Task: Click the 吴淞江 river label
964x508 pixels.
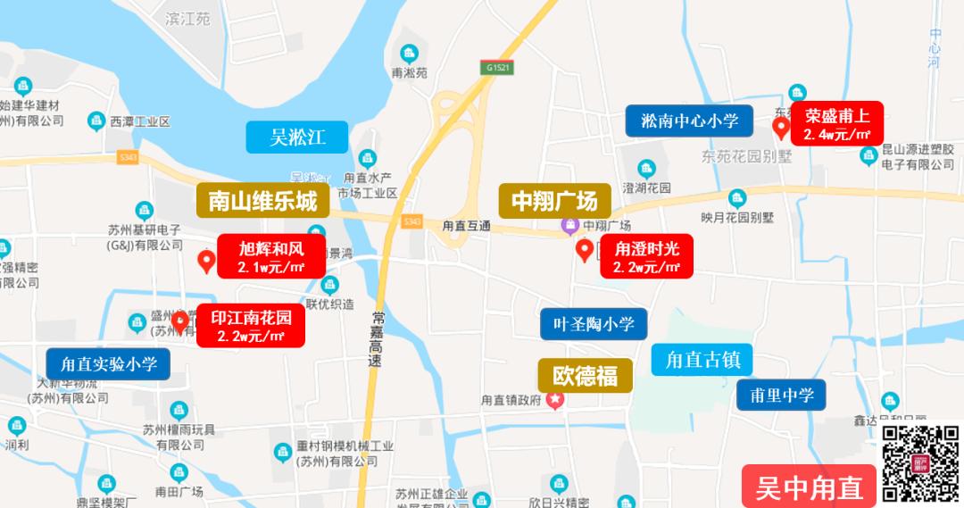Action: click(297, 137)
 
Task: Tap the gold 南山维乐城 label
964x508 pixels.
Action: click(262, 201)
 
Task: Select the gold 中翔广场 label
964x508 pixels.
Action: click(553, 201)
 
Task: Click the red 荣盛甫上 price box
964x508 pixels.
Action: click(836, 124)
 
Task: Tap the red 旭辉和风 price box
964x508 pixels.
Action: click(271, 256)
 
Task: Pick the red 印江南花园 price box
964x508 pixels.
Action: click(251, 326)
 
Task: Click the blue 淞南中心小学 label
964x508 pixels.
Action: click(689, 121)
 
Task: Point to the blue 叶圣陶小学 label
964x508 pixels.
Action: click(594, 324)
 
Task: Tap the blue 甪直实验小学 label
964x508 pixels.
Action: click(108, 363)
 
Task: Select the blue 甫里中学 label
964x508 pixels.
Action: click(781, 395)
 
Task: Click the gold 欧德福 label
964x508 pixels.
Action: click(585, 375)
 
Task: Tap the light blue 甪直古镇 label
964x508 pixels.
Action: click(702, 360)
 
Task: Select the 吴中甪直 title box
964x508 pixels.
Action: click(809, 487)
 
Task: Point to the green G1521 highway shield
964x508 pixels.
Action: click(498, 68)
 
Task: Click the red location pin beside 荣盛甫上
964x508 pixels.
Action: click(781, 129)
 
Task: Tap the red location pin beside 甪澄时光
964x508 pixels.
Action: click(585, 250)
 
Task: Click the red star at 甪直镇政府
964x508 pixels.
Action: click(555, 400)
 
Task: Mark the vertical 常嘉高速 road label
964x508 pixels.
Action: click(377, 340)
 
